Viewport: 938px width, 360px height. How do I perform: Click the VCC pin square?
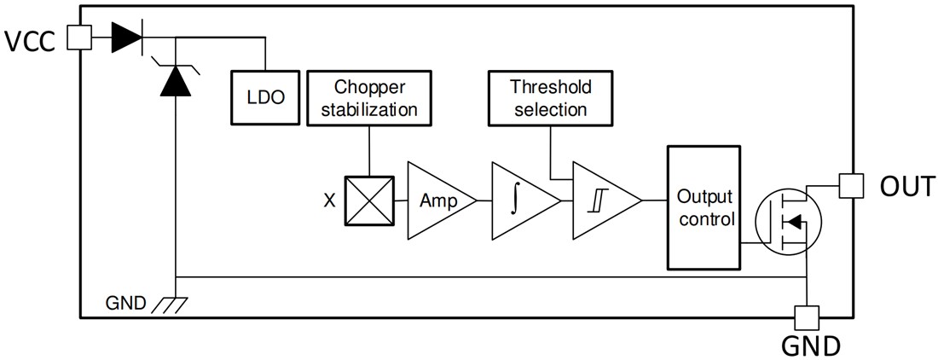78,37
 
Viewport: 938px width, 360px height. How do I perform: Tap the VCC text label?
32,41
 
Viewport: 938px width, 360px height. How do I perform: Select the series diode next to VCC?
127,37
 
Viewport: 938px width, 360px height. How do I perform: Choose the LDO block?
260,98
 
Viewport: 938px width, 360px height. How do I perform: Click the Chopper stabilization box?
369,98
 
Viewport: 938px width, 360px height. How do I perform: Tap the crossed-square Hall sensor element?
369,200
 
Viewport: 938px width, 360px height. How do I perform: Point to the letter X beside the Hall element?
329,201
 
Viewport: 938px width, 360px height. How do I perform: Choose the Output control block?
705,206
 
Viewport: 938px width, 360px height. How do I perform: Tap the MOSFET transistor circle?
792,222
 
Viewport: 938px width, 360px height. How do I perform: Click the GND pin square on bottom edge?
806,318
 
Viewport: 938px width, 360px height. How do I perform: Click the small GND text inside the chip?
126,302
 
